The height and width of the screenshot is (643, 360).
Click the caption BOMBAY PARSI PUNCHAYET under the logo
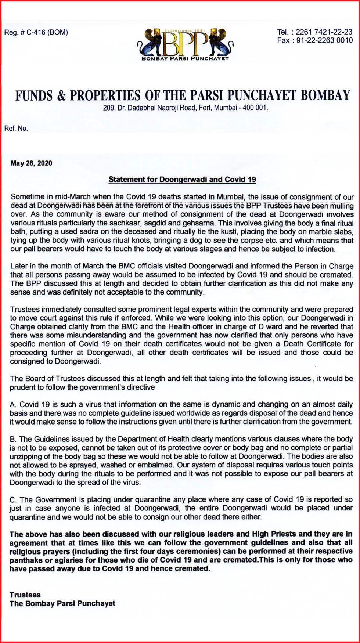point(185,58)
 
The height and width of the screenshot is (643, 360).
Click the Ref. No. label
point(16,129)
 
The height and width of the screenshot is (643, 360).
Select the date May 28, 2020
point(32,163)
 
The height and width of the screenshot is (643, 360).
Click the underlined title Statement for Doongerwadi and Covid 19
point(182,180)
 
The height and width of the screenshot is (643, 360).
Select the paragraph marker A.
point(13,405)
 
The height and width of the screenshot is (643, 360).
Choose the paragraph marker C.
point(13,500)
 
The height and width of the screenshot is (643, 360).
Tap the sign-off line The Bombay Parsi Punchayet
point(62,603)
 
